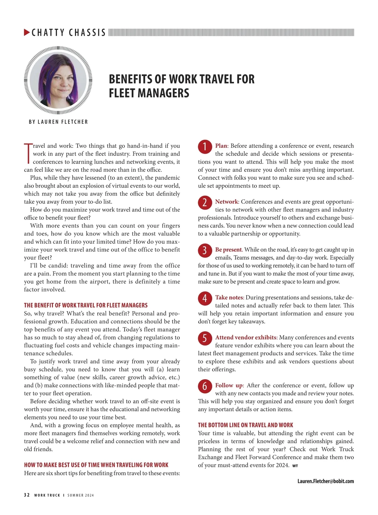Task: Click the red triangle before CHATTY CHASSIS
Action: click(x=27, y=32)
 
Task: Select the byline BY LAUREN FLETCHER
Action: click(x=58, y=122)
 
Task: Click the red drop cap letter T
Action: click(x=28, y=153)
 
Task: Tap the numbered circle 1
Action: click(x=205, y=147)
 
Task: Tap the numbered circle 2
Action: click(x=205, y=202)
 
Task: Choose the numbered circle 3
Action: click(x=205, y=251)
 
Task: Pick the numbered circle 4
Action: click(x=205, y=298)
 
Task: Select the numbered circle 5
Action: click(x=205, y=338)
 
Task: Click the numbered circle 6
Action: click(x=205, y=386)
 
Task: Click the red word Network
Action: click(x=226, y=202)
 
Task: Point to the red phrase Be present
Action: click(x=228, y=250)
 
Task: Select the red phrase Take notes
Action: click(x=229, y=297)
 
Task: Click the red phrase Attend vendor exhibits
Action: click(x=246, y=337)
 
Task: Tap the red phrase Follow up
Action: click(x=229, y=385)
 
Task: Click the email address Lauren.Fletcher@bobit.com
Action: click(x=325, y=481)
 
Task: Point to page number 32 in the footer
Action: click(x=27, y=495)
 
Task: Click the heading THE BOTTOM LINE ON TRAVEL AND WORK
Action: click(x=245, y=425)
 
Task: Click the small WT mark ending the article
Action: click(x=295, y=466)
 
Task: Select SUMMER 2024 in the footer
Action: click(x=81, y=495)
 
